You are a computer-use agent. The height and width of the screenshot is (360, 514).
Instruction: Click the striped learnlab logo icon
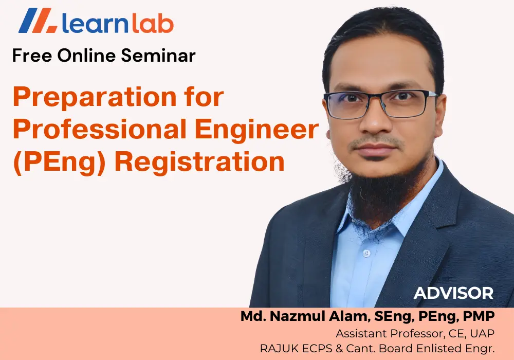tap(39, 21)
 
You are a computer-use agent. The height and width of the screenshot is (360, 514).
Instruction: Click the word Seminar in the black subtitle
tap(158, 55)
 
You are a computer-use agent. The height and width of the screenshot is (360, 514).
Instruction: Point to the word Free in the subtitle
tap(32, 55)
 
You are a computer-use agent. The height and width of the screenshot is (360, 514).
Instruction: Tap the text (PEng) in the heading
tap(59, 162)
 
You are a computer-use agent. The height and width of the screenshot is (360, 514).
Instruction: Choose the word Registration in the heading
tap(199, 161)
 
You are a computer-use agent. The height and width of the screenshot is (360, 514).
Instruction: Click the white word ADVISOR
tap(454, 293)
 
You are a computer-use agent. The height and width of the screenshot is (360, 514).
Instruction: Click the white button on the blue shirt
tap(366, 253)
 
